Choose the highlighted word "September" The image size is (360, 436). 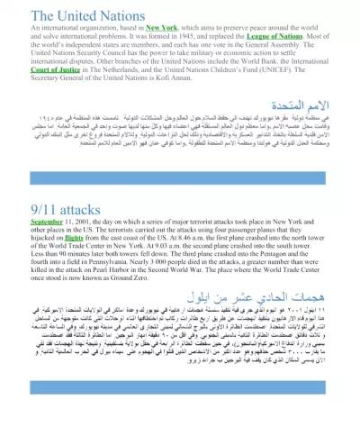pyautogui.click(x=25, y=223)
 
